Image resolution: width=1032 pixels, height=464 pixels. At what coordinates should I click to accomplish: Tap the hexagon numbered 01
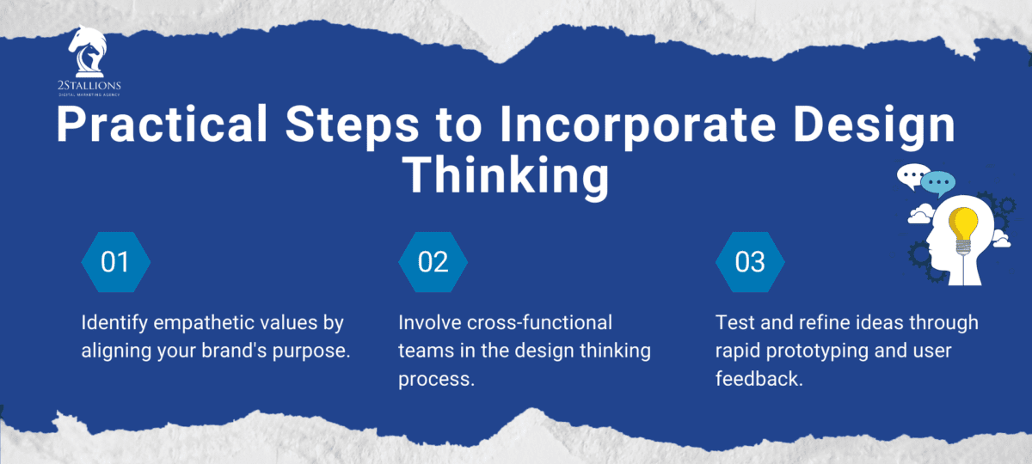click(x=115, y=261)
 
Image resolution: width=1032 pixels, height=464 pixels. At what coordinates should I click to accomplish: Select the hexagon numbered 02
click(x=433, y=261)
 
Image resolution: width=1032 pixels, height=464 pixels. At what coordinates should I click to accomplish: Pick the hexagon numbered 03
click(x=751, y=261)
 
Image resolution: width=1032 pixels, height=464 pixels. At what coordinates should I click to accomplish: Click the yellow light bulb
click(x=962, y=228)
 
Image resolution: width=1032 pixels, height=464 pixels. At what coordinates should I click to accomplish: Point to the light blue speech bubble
click(x=938, y=183)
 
